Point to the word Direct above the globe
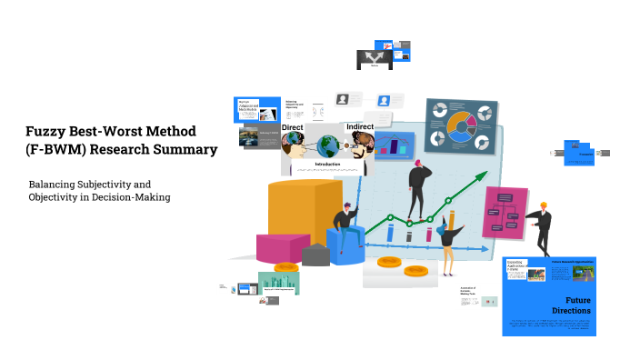tap(292, 128)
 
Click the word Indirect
tap(360, 126)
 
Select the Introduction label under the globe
tap(326, 165)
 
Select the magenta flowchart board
tap(505, 213)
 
